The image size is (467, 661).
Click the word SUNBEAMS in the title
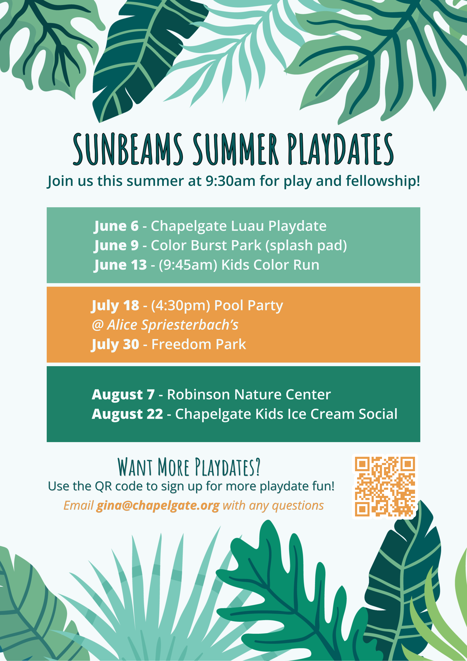point(128,149)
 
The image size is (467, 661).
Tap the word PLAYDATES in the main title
point(341,149)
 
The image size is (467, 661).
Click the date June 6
point(117,226)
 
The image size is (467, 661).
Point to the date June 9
point(117,246)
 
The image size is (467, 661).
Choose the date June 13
point(120,265)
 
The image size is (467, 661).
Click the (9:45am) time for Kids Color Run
point(188,265)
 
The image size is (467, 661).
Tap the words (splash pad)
point(306,246)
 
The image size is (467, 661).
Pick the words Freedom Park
point(199,344)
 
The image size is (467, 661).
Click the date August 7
point(123,395)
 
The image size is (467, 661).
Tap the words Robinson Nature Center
point(249,394)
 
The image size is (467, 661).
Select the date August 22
point(127,414)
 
